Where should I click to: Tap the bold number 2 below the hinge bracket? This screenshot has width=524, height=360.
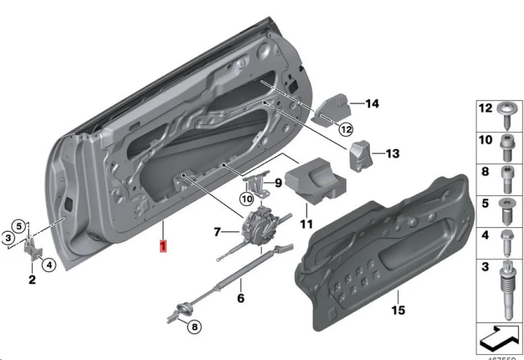click(x=32, y=280)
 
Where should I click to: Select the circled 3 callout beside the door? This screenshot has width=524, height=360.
click(x=8, y=237)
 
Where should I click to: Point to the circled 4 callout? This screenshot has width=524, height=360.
click(x=48, y=265)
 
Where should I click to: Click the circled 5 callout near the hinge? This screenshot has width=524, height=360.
click(x=18, y=225)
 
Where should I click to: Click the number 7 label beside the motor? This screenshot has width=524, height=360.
click(x=217, y=232)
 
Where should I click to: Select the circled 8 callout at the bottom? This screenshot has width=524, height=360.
click(x=194, y=327)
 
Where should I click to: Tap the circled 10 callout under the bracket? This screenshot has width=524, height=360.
click(x=246, y=199)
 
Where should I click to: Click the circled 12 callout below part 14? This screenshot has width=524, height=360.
click(x=345, y=129)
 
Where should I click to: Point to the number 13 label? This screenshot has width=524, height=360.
click(x=392, y=154)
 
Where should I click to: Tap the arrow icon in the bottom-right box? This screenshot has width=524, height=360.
click(x=498, y=338)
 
